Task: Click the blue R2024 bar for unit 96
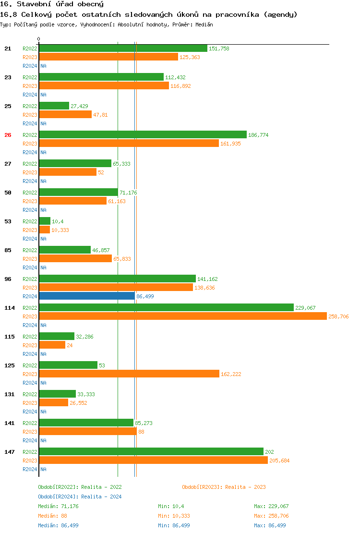pyautogui.click(x=87, y=296)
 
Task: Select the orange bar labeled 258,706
pyautogui.click(x=183, y=316)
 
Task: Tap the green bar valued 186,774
pyautogui.click(x=143, y=135)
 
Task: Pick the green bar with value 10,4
pyautogui.click(x=45, y=221)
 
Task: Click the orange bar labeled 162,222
pyautogui.click(x=129, y=374)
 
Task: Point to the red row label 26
pyautogui.click(x=8, y=135)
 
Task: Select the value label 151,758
pyautogui.click(x=219, y=49)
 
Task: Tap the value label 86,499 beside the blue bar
pyautogui.click(x=145, y=297)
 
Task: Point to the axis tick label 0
pyautogui.click(x=39, y=39)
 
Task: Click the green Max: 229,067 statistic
pyautogui.click(x=271, y=506)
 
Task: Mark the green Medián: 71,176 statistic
pyautogui.click(x=58, y=506)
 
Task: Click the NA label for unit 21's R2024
pyautogui.click(x=43, y=66)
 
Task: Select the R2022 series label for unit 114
pyautogui.click(x=30, y=308)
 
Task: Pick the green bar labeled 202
pyautogui.click(x=151, y=452)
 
